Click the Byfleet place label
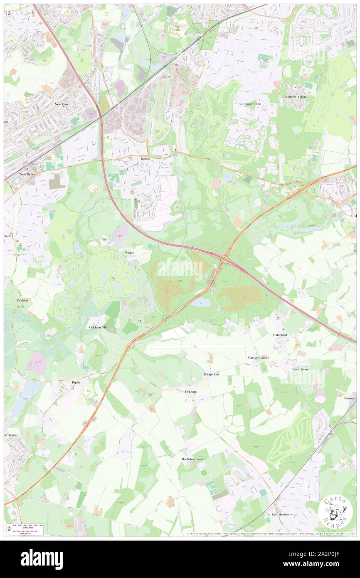(145, 159)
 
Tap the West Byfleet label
(28, 174)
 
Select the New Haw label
(61, 104)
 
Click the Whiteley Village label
(295, 96)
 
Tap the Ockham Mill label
(99, 327)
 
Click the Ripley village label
(76, 382)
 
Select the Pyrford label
(22, 300)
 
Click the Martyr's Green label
(259, 358)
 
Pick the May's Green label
(301, 369)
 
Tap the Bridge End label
(211, 374)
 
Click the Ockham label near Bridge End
(190, 391)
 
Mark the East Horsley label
(280, 514)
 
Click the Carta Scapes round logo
(335, 511)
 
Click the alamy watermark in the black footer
(42, 559)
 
